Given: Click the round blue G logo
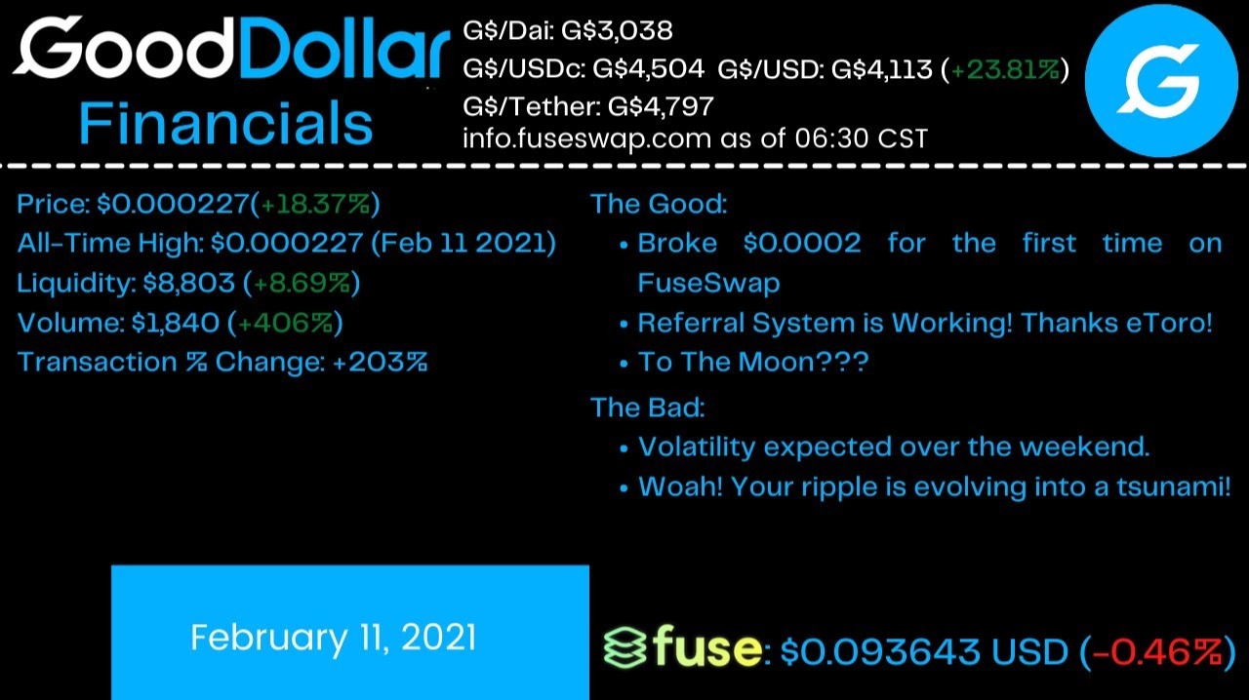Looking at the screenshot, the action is click(x=1161, y=80).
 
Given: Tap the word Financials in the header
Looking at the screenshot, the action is click(x=225, y=123).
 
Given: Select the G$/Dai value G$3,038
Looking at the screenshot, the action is click(x=617, y=30).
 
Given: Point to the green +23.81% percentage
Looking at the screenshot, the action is click(x=1005, y=69).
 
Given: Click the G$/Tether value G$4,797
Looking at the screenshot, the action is click(x=661, y=106).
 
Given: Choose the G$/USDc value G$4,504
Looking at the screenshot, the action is click(x=649, y=69).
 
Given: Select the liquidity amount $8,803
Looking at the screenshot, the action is click(x=188, y=283).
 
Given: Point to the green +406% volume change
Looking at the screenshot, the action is click(x=286, y=323).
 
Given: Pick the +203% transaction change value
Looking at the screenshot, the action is click(x=381, y=362).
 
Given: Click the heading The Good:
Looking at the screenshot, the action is click(x=659, y=204).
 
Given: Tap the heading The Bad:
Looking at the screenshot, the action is click(x=647, y=407).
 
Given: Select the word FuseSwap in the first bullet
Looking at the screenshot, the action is click(x=708, y=283).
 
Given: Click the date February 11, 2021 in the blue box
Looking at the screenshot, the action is click(x=334, y=638).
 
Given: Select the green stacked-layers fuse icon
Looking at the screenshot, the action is click(x=625, y=647).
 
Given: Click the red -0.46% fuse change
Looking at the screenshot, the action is click(x=1156, y=651).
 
